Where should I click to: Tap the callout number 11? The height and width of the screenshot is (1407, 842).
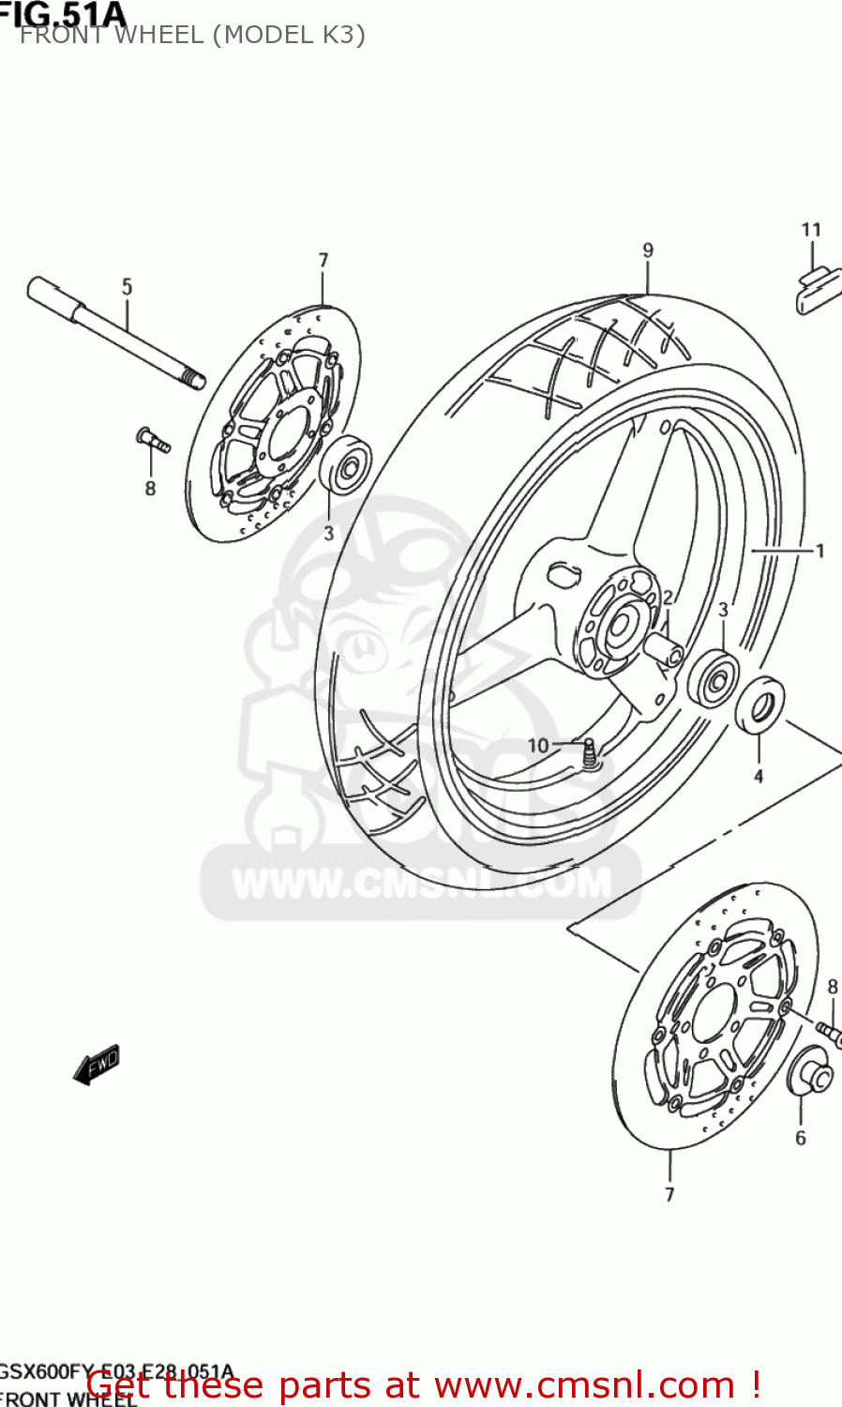point(811,230)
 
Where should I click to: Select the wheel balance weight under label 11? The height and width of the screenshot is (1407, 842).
point(818,290)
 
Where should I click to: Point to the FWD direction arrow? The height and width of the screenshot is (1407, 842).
point(98,1065)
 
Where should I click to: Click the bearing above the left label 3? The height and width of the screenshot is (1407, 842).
point(344,464)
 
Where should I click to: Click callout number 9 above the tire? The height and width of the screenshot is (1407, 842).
point(648,250)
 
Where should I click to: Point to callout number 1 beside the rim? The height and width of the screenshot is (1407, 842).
point(819,551)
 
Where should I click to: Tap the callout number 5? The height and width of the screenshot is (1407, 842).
point(128,287)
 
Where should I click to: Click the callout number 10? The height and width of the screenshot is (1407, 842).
point(537,746)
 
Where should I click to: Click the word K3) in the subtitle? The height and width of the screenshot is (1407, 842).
point(341,35)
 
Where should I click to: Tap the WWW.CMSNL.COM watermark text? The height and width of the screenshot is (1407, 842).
point(421,883)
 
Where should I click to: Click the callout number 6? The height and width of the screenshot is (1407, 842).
point(801,1138)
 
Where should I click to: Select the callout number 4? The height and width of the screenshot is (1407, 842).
point(759,777)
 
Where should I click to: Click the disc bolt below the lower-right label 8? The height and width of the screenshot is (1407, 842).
point(829,1031)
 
